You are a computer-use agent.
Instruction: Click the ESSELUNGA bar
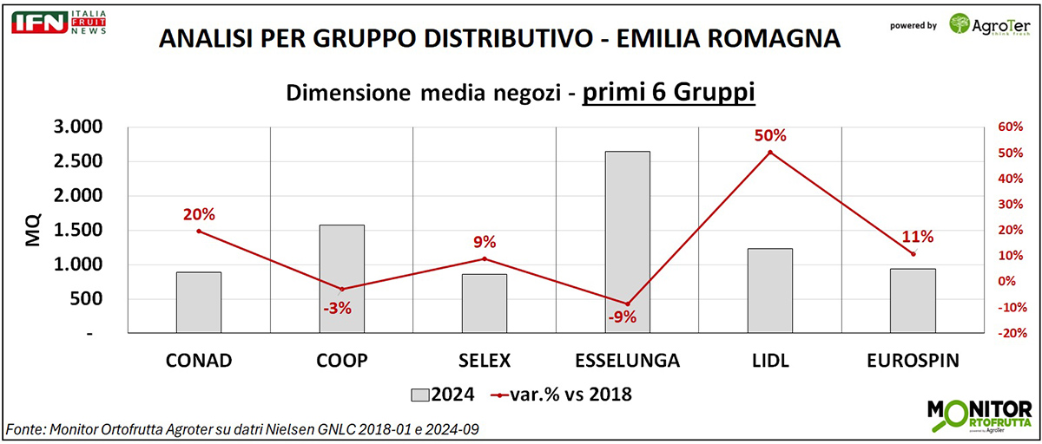(x=627, y=242)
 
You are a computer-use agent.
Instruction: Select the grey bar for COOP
(x=342, y=278)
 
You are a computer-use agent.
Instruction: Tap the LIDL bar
(x=769, y=291)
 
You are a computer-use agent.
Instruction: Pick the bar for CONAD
(x=199, y=302)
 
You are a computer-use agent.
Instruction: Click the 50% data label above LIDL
(x=770, y=136)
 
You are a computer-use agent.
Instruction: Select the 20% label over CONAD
(x=199, y=214)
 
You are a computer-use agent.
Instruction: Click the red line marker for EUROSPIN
(x=913, y=253)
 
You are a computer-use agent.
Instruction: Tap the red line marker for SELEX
(x=485, y=258)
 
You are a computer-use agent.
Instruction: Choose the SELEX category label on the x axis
(x=485, y=361)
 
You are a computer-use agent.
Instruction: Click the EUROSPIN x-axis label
(x=912, y=361)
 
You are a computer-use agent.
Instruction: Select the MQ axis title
(x=33, y=229)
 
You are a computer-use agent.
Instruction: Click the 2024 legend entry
(x=442, y=395)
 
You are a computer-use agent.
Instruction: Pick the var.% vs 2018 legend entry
(x=560, y=395)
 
